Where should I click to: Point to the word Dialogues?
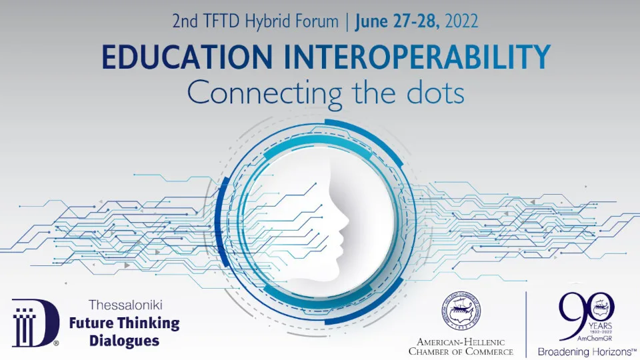coord(115,341)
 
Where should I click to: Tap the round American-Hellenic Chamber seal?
coord(461,314)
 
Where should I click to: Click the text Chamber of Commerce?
coord(461,351)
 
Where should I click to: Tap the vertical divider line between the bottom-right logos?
coord(526,323)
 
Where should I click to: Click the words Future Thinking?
coord(125,324)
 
